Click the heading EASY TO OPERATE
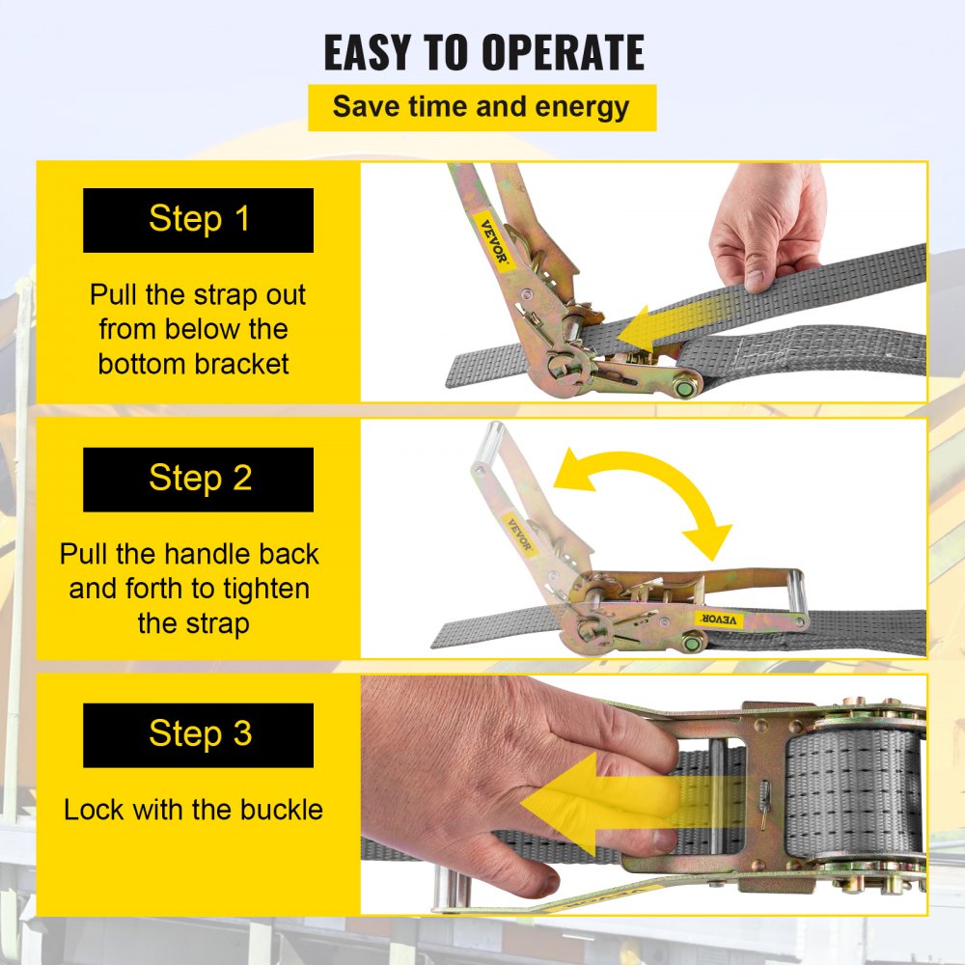tap(482, 53)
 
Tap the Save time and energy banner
tap(482, 107)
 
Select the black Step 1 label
tap(198, 219)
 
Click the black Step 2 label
tap(198, 479)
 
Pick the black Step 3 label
tap(198, 734)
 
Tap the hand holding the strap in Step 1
tap(767, 227)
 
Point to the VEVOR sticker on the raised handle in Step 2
tap(519, 537)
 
